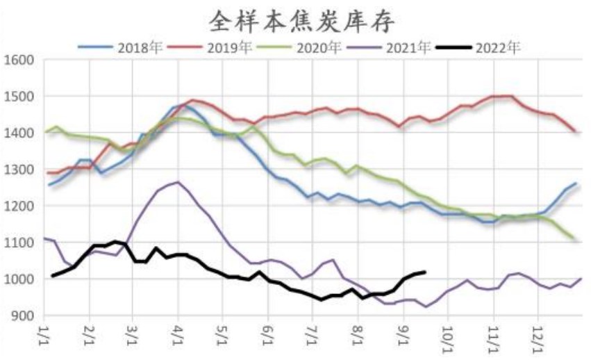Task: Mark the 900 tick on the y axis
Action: (x=23, y=316)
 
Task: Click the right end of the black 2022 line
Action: (x=425, y=272)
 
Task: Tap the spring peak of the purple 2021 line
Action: (x=178, y=182)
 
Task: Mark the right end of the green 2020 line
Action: (x=574, y=239)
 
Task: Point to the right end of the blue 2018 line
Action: (x=576, y=183)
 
